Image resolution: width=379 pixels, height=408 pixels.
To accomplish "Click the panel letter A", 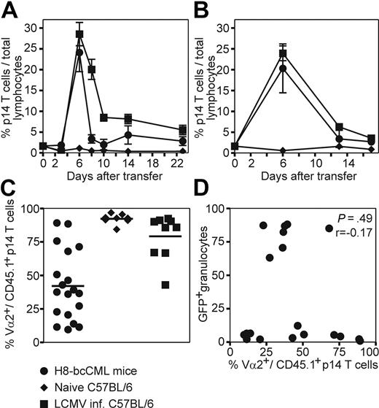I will [10, 11].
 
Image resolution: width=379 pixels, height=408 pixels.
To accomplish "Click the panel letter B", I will [206, 11].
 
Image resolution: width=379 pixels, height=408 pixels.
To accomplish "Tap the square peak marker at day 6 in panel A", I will [79, 34].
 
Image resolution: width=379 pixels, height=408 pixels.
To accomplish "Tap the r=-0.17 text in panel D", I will [352, 232].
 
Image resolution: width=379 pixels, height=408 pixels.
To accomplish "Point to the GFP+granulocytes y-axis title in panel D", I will [214, 276].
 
